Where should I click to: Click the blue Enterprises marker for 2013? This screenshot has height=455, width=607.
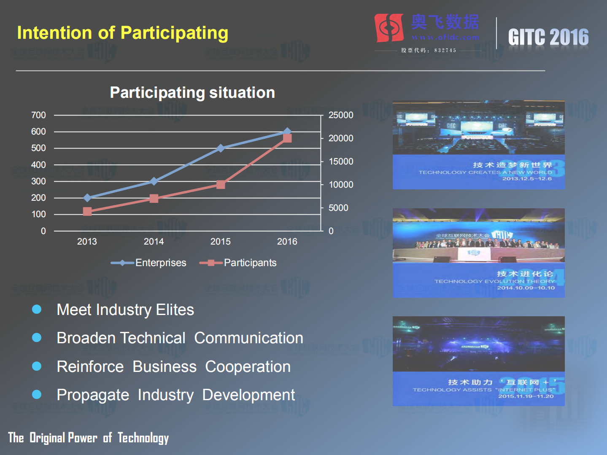click(x=87, y=198)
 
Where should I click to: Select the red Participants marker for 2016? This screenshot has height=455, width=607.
click(x=287, y=138)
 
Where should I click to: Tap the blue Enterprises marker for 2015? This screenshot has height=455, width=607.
click(x=221, y=148)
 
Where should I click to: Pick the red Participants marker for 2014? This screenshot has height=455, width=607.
click(x=154, y=198)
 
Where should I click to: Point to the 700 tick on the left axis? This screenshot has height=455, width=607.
click(x=38, y=115)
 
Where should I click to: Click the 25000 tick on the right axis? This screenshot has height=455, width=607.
click(x=340, y=115)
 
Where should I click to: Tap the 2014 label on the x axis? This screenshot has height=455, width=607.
click(x=154, y=242)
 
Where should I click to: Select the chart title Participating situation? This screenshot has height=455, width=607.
click(x=192, y=92)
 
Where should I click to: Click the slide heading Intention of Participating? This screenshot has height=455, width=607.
click(x=122, y=33)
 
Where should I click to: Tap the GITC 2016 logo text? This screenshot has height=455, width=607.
click(x=548, y=37)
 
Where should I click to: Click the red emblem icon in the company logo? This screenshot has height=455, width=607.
click(x=389, y=28)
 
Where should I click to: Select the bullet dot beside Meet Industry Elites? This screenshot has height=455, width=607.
click(x=37, y=310)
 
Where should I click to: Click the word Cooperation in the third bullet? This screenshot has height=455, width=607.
click(x=248, y=367)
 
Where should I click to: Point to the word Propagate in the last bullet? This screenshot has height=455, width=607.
click(x=93, y=395)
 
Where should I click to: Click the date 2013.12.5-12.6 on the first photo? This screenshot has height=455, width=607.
click(x=526, y=179)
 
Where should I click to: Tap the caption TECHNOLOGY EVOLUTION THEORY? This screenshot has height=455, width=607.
click(x=494, y=281)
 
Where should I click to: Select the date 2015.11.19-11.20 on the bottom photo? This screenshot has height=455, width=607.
click(x=526, y=396)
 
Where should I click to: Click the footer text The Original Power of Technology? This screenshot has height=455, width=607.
click(x=88, y=438)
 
